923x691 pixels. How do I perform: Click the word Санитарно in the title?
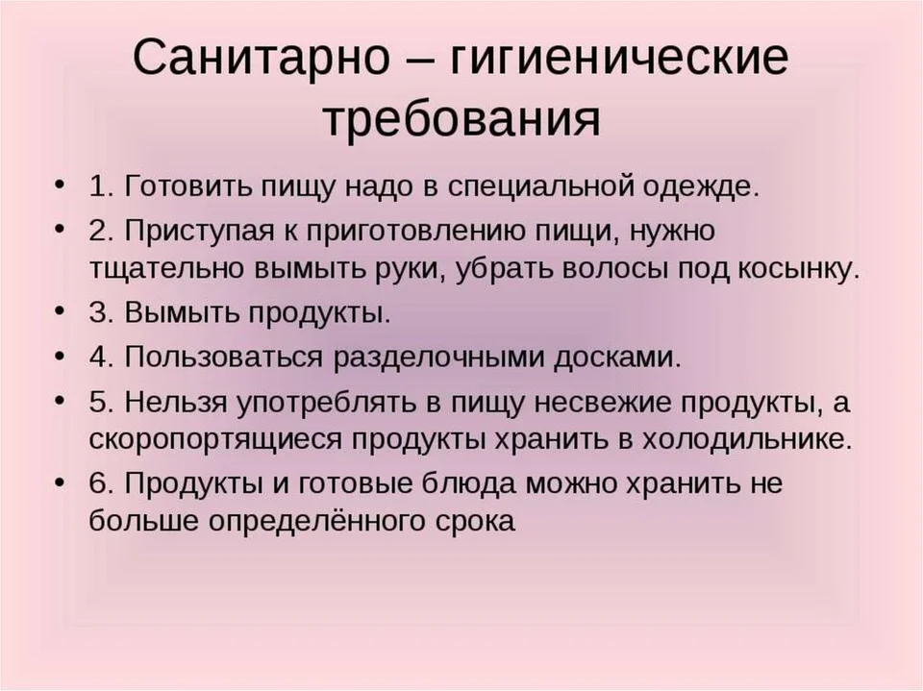pyautogui.click(x=262, y=57)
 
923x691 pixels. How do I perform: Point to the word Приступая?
pyautogui.click(x=199, y=232)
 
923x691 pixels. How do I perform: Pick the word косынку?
pyautogui.click(x=798, y=269)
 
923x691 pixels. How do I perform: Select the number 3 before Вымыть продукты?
pyautogui.click(x=101, y=312)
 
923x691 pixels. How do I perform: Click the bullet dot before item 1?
pyautogui.click(x=58, y=185)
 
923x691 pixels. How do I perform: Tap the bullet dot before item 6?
pyautogui.click(x=58, y=482)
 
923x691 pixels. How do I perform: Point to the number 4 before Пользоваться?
pyautogui.click(x=101, y=358)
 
